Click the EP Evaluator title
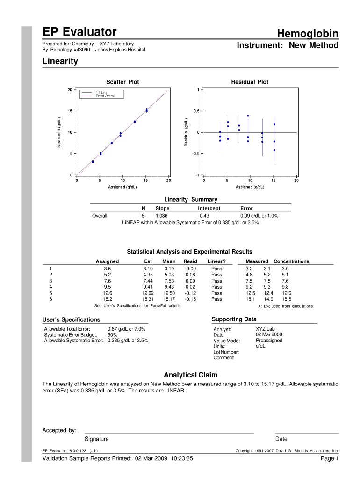point(79,32)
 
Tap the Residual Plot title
point(250,82)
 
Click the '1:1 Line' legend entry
point(101,92)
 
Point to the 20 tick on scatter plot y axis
point(70,90)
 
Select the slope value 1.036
point(161,216)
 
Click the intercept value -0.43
point(203,216)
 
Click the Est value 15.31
point(148,299)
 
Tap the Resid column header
point(190,261)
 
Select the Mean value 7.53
point(169,281)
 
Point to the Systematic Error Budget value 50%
point(112,335)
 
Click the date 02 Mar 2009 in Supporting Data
point(269,335)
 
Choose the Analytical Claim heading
point(190,375)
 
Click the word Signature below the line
point(97,439)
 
